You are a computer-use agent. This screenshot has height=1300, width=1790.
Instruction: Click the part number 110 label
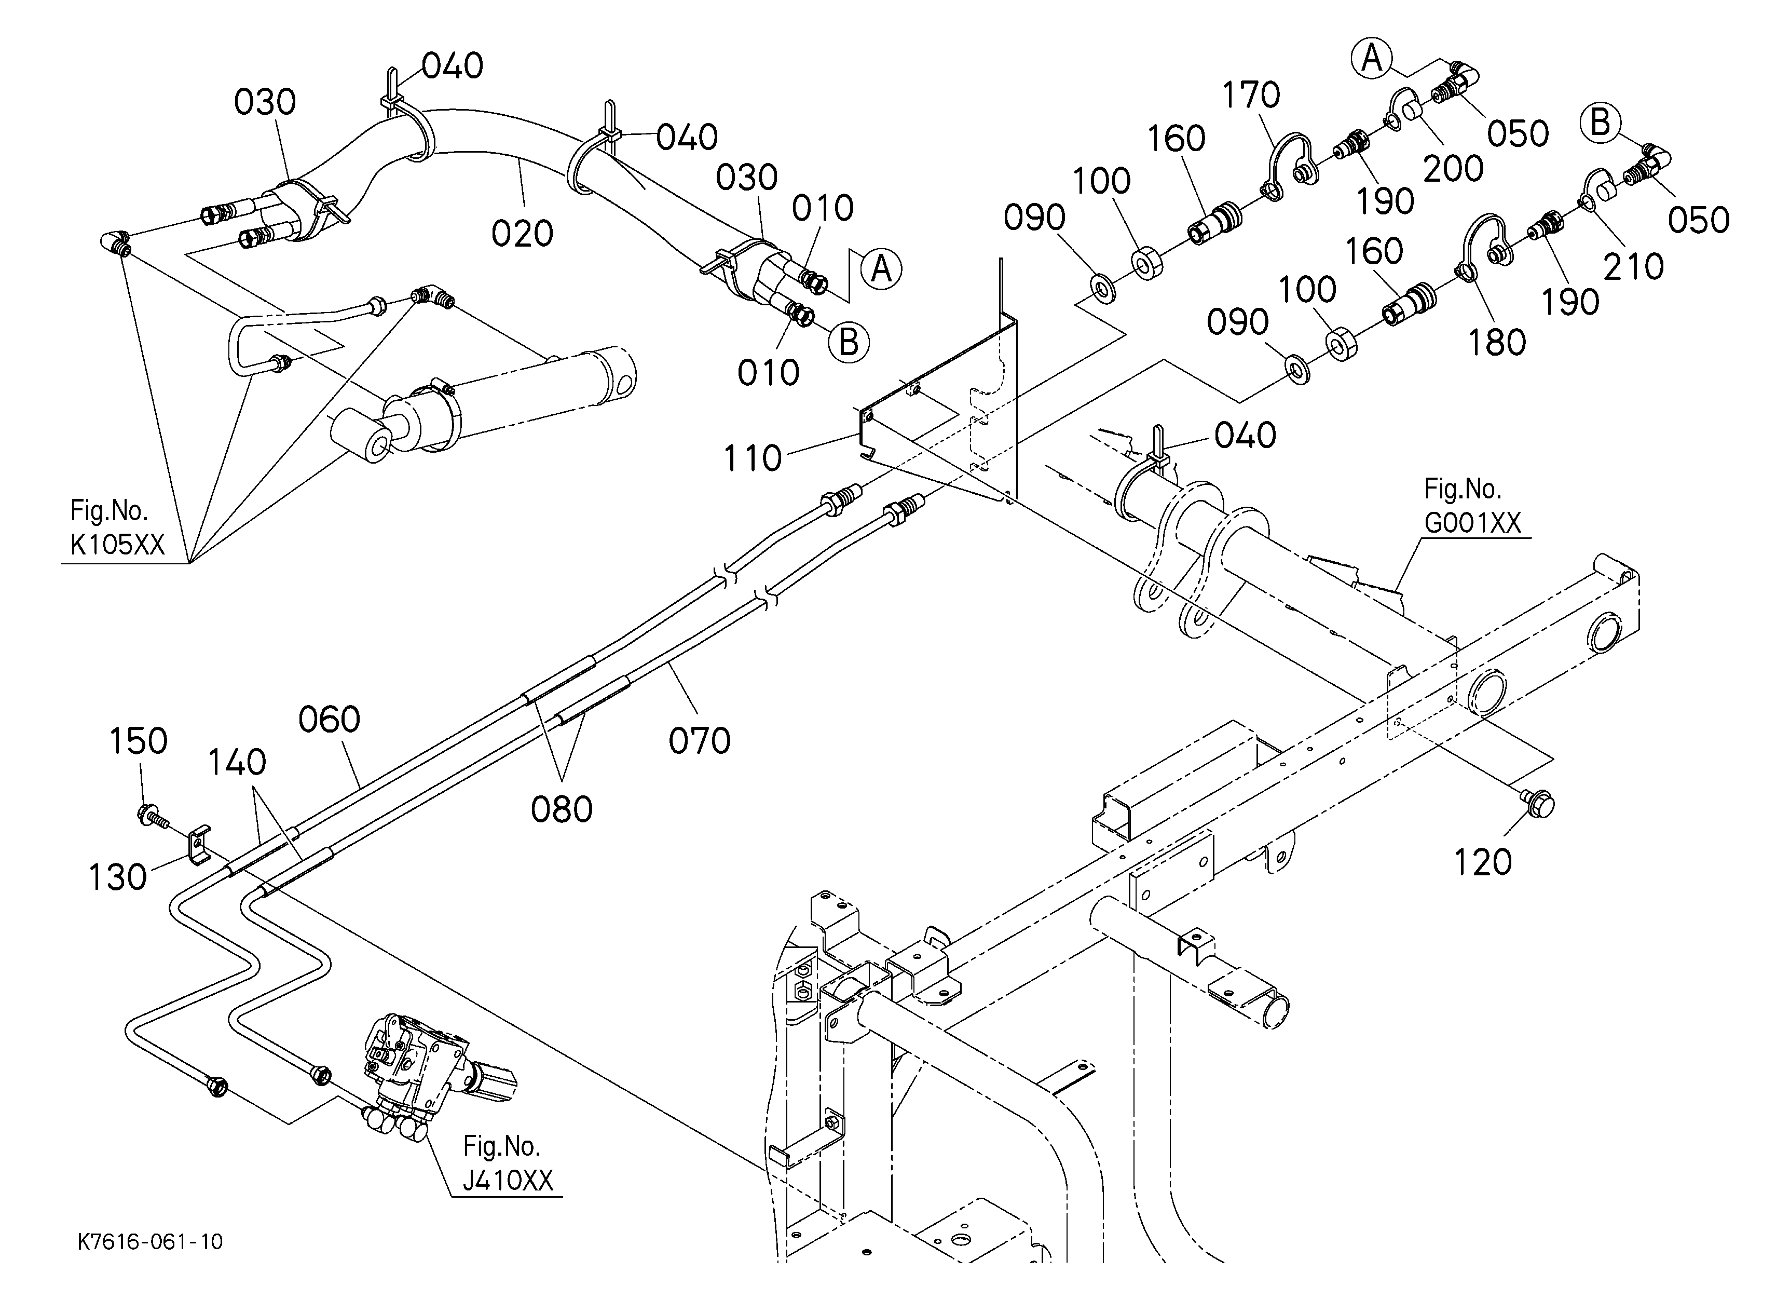(752, 458)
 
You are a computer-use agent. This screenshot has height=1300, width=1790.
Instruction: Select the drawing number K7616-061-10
(150, 1241)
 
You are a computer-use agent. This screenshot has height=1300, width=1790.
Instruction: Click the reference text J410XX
(508, 1180)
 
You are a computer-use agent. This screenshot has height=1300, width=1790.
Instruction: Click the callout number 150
(138, 741)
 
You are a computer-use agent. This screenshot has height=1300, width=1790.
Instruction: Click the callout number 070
(699, 741)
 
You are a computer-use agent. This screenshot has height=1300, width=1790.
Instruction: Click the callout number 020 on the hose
(522, 234)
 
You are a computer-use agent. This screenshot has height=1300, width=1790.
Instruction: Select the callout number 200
(1453, 169)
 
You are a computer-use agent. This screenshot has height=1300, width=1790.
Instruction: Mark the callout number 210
(1634, 267)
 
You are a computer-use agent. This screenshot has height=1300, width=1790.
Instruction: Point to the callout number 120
(1482, 863)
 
